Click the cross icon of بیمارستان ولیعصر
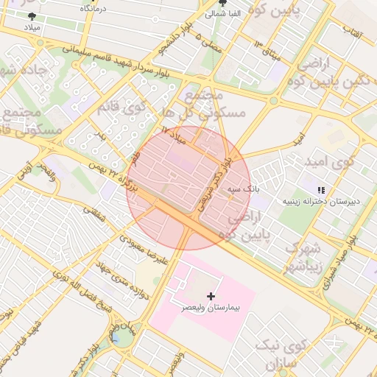click(212, 295)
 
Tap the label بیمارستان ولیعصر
click(211, 307)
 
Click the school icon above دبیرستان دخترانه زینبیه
click(320, 189)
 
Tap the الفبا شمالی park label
click(222, 13)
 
